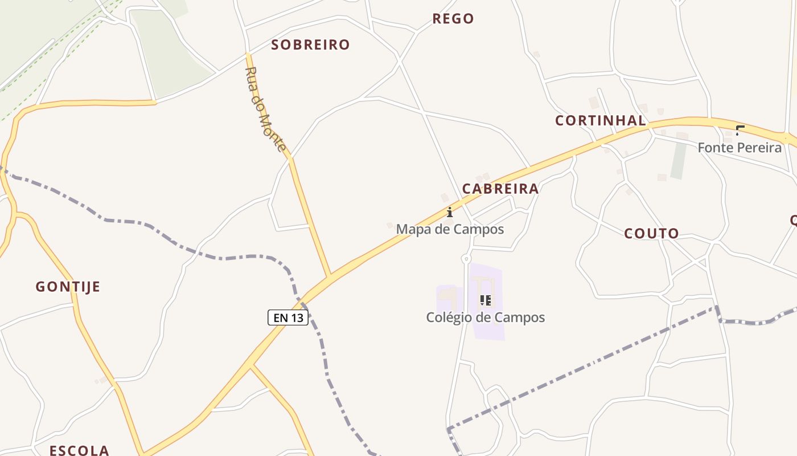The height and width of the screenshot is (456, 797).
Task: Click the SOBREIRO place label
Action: pyautogui.click(x=310, y=45)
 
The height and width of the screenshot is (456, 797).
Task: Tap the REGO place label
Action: pyautogui.click(x=453, y=19)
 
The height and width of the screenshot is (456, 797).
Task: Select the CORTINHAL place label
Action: pyautogui.click(x=601, y=121)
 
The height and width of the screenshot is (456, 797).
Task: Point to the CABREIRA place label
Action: pyautogui.click(x=500, y=189)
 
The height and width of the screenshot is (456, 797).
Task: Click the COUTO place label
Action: pyautogui.click(x=652, y=234)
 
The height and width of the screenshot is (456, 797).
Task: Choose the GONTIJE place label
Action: pyautogui.click(x=68, y=287)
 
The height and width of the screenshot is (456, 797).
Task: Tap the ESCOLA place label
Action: pyautogui.click(x=79, y=450)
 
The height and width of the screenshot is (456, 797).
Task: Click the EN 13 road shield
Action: pyautogui.click(x=288, y=317)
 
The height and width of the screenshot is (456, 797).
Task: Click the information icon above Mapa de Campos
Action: pyautogui.click(x=450, y=213)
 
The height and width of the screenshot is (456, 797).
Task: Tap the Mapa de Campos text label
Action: pyautogui.click(x=450, y=229)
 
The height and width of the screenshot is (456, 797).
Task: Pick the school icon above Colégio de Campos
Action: pyautogui.click(x=485, y=300)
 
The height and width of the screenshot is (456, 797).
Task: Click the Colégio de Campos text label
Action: pyautogui.click(x=486, y=317)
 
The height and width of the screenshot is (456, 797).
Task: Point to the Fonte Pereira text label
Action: pyautogui.click(x=740, y=148)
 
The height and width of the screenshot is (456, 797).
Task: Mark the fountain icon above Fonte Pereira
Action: pyautogui.click(x=740, y=131)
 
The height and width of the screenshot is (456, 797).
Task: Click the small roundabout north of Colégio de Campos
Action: pyautogui.click(x=466, y=259)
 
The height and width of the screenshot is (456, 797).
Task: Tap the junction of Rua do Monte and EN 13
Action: pyautogui.click(x=330, y=278)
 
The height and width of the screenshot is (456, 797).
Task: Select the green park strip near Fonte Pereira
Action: pyautogui.click(x=677, y=160)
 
